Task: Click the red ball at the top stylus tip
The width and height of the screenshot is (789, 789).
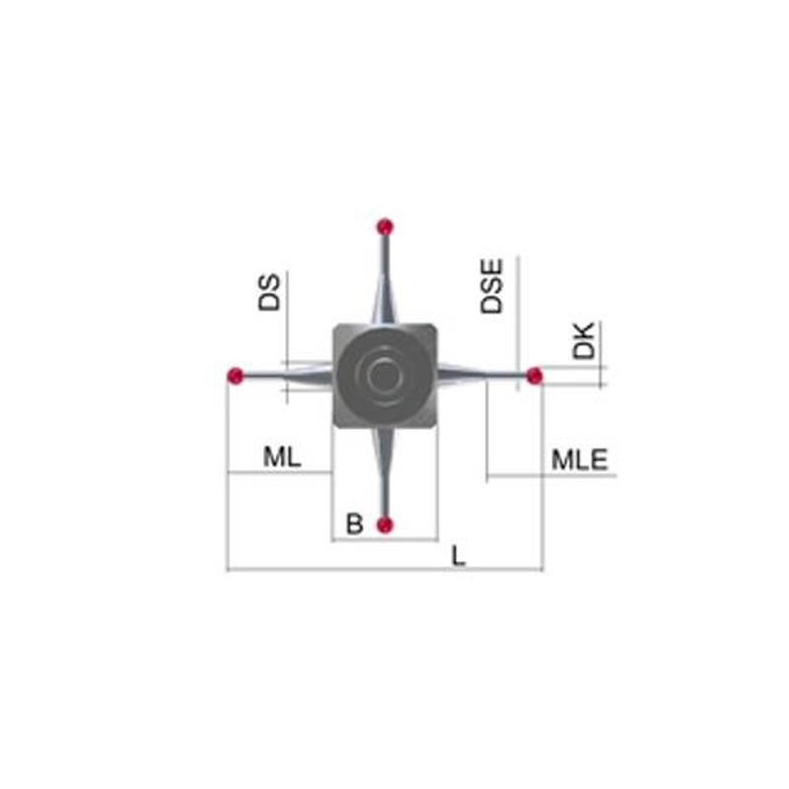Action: [x=385, y=227]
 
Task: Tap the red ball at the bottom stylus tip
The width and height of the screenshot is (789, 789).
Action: [x=385, y=525]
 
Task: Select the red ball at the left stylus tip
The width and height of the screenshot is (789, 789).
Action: [x=235, y=376]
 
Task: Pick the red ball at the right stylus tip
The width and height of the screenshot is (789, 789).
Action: [x=535, y=376]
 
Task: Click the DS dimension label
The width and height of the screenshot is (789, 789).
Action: [x=268, y=292]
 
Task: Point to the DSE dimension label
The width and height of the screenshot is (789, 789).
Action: [x=491, y=286]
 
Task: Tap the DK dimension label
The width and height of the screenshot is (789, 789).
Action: [x=584, y=340]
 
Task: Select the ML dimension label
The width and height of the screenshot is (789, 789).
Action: [x=282, y=457]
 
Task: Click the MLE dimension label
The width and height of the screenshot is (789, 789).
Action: [x=580, y=460]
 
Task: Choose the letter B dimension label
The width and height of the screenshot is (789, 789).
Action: [x=355, y=524]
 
